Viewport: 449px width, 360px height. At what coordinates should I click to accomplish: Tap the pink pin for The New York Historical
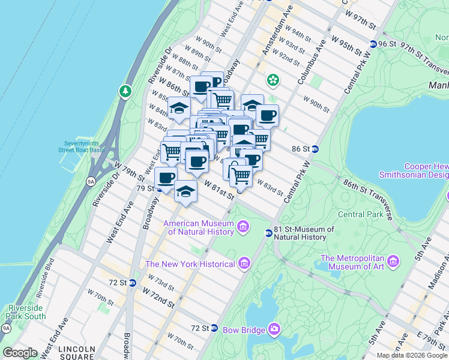244,263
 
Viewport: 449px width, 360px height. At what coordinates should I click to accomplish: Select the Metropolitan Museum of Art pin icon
393,261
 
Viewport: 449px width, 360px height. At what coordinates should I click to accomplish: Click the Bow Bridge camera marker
274,329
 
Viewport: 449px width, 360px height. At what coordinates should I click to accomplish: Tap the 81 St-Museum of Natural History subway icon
269,233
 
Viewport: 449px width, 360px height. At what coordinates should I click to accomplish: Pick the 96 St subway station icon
373,44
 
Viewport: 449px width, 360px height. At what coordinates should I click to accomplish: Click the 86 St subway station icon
315,148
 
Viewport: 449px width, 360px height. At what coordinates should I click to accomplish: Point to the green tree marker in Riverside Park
125,91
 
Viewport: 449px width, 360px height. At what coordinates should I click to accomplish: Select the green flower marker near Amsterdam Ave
273,79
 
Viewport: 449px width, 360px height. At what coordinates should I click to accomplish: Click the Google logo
20,353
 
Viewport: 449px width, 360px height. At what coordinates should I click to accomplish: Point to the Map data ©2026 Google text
411,355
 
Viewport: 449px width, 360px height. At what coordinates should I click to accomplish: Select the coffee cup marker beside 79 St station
166,178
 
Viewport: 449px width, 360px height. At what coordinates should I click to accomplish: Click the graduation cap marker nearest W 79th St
186,192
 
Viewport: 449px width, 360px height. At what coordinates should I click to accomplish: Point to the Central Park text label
360,214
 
